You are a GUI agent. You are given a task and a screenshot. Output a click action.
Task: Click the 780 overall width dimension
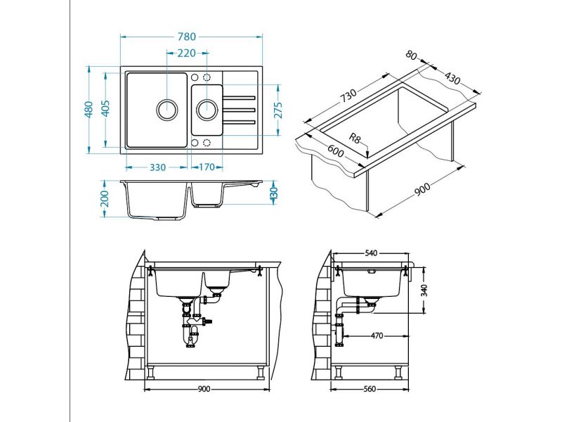(x=187, y=37)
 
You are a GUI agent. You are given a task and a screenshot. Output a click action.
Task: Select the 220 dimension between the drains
(x=187, y=53)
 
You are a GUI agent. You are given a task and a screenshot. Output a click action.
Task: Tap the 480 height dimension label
(x=89, y=109)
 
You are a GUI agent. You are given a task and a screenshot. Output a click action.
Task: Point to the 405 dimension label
(x=105, y=108)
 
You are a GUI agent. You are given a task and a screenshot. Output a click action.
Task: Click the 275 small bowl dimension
(x=278, y=110)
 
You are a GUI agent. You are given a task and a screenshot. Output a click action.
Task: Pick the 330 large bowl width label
(x=157, y=167)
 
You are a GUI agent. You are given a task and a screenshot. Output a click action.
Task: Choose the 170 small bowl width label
(x=207, y=167)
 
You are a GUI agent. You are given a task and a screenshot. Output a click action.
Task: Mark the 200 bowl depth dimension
(x=105, y=198)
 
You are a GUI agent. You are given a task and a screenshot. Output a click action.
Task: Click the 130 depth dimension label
(x=274, y=193)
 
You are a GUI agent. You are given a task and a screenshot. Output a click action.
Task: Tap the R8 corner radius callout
(x=354, y=138)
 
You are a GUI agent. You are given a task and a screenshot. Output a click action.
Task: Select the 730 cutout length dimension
(x=348, y=96)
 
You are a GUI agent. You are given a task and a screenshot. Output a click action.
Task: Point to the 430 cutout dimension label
(x=452, y=78)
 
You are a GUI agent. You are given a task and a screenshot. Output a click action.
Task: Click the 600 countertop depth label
(x=336, y=151)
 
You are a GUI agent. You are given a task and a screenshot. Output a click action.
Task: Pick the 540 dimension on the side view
(x=371, y=253)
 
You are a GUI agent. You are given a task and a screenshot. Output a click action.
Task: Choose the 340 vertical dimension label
(x=424, y=290)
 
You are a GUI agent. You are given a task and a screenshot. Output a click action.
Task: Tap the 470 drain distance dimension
(x=377, y=336)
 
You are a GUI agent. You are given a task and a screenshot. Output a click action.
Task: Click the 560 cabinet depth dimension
(x=370, y=389)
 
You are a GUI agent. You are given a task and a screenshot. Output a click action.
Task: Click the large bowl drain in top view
(x=167, y=110)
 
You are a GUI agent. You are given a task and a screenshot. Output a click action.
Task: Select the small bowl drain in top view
(x=207, y=110)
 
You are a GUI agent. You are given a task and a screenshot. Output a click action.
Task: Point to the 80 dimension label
(x=412, y=55)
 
